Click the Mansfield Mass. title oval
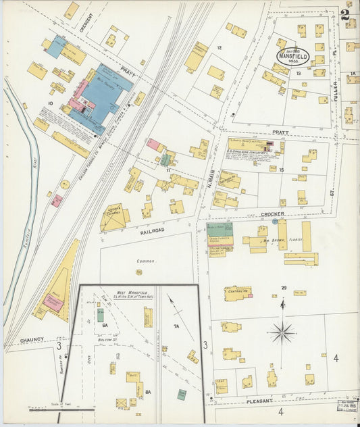[292, 55]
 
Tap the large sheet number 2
[346, 14]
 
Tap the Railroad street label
[153, 230]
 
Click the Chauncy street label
[32, 340]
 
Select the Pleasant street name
[259, 401]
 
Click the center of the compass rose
[282, 332]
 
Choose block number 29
[284, 288]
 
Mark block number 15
[282, 170]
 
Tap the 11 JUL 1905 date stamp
[348, 407]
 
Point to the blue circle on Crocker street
[275, 221]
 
